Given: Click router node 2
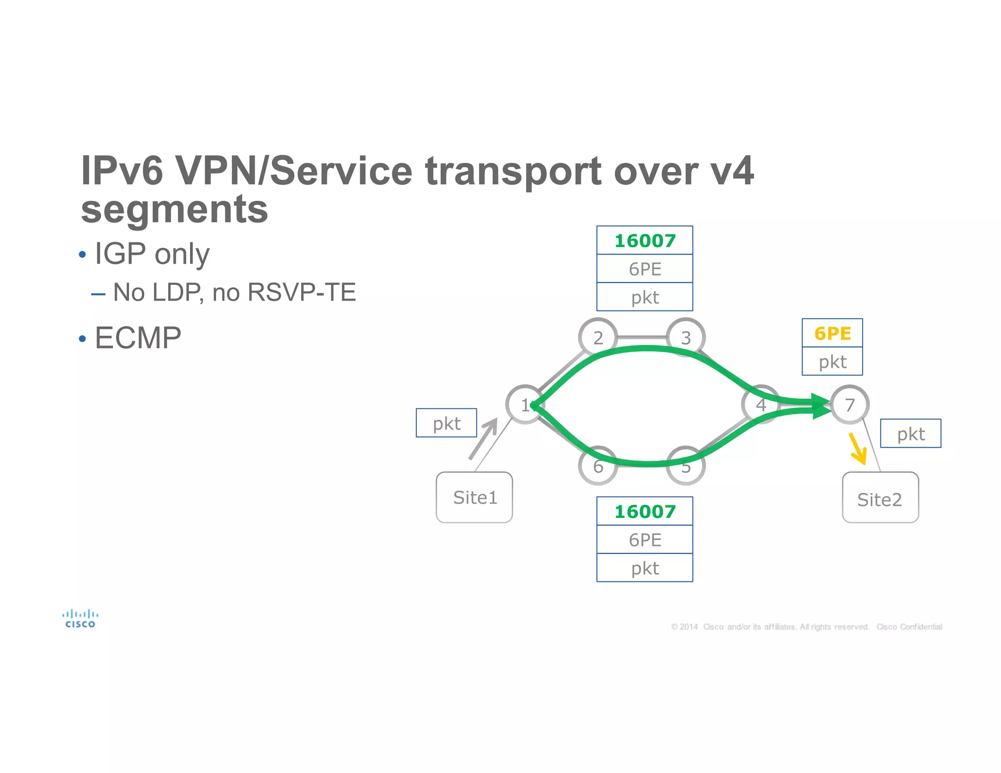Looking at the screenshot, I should [x=598, y=337].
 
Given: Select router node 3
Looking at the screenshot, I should [x=686, y=337].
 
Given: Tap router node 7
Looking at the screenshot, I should [x=850, y=405].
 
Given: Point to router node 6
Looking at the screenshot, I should [x=598, y=466].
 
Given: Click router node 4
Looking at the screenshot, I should [x=761, y=405].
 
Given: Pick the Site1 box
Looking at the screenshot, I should [x=474, y=497].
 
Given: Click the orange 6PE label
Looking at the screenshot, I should [x=832, y=333].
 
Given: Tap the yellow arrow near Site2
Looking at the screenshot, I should [x=858, y=449].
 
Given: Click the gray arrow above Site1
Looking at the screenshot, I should [x=484, y=438].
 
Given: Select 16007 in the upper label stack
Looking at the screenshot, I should [x=645, y=240].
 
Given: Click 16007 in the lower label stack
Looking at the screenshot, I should [x=645, y=511].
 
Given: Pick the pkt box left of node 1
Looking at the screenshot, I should [x=446, y=423].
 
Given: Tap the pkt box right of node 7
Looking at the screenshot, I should [x=910, y=433].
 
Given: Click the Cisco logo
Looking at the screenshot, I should [x=80, y=619].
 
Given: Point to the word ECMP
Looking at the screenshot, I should [x=138, y=338].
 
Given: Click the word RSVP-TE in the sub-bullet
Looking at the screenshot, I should [x=302, y=292].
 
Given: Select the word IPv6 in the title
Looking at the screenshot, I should [x=122, y=171].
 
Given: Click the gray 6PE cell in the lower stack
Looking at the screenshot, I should [x=645, y=539].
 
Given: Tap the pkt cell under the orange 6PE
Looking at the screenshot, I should [x=832, y=362].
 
